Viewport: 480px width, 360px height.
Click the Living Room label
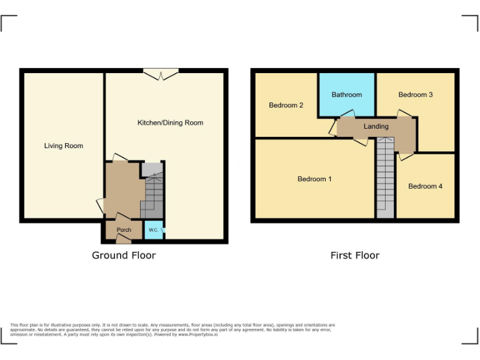tap(63, 146)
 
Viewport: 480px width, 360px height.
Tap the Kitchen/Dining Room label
tap(170, 122)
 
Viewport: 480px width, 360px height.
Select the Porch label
tap(124, 229)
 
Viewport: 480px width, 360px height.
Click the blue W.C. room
tap(154, 230)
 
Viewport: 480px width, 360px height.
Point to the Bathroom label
tap(346, 94)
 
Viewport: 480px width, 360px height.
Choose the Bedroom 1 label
tap(314, 179)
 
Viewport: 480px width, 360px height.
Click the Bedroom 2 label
tap(286, 105)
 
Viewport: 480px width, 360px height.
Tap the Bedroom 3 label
tap(416, 94)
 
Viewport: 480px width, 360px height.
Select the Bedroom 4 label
tap(425, 186)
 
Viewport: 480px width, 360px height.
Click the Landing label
tap(376, 126)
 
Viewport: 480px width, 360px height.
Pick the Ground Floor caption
tap(124, 255)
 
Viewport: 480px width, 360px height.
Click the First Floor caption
tap(354, 255)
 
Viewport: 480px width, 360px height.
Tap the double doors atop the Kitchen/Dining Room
tap(161, 74)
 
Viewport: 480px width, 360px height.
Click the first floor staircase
tap(385, 178)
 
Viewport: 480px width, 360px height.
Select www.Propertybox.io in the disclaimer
tap(197, 335)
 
